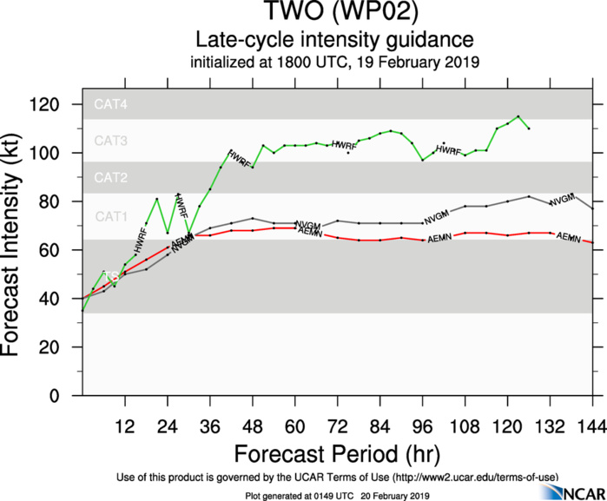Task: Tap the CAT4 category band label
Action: (x=110, y=105)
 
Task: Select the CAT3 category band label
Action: (x=110, y=141)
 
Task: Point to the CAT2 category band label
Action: (x=110, y=178)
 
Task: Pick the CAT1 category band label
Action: (x=110, y=215)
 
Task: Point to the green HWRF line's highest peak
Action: (x=518, y=116)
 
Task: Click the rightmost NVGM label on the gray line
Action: (x=563, y=199)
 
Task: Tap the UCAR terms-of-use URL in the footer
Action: (x=472, y=478)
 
